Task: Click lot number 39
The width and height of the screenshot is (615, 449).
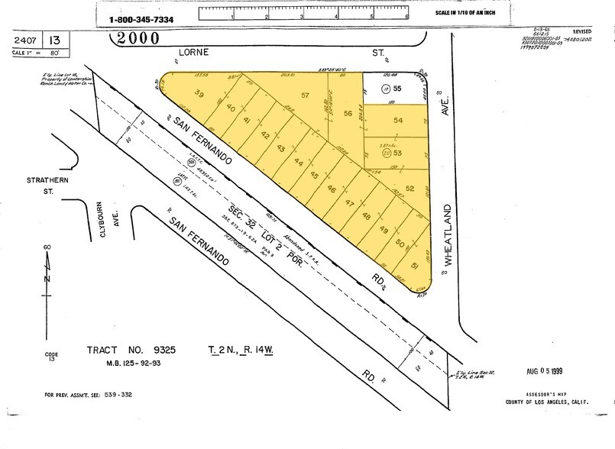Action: [200, 94]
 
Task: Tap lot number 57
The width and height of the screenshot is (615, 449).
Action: [305, 95]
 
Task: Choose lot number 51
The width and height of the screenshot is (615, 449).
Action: [414, 266]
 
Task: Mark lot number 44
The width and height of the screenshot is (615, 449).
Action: [299, 163]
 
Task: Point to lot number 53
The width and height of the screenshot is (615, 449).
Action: [397, 153]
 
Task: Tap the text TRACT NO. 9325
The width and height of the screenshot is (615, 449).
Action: [131, 350]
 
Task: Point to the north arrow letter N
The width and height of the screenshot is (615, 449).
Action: [47, 279]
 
